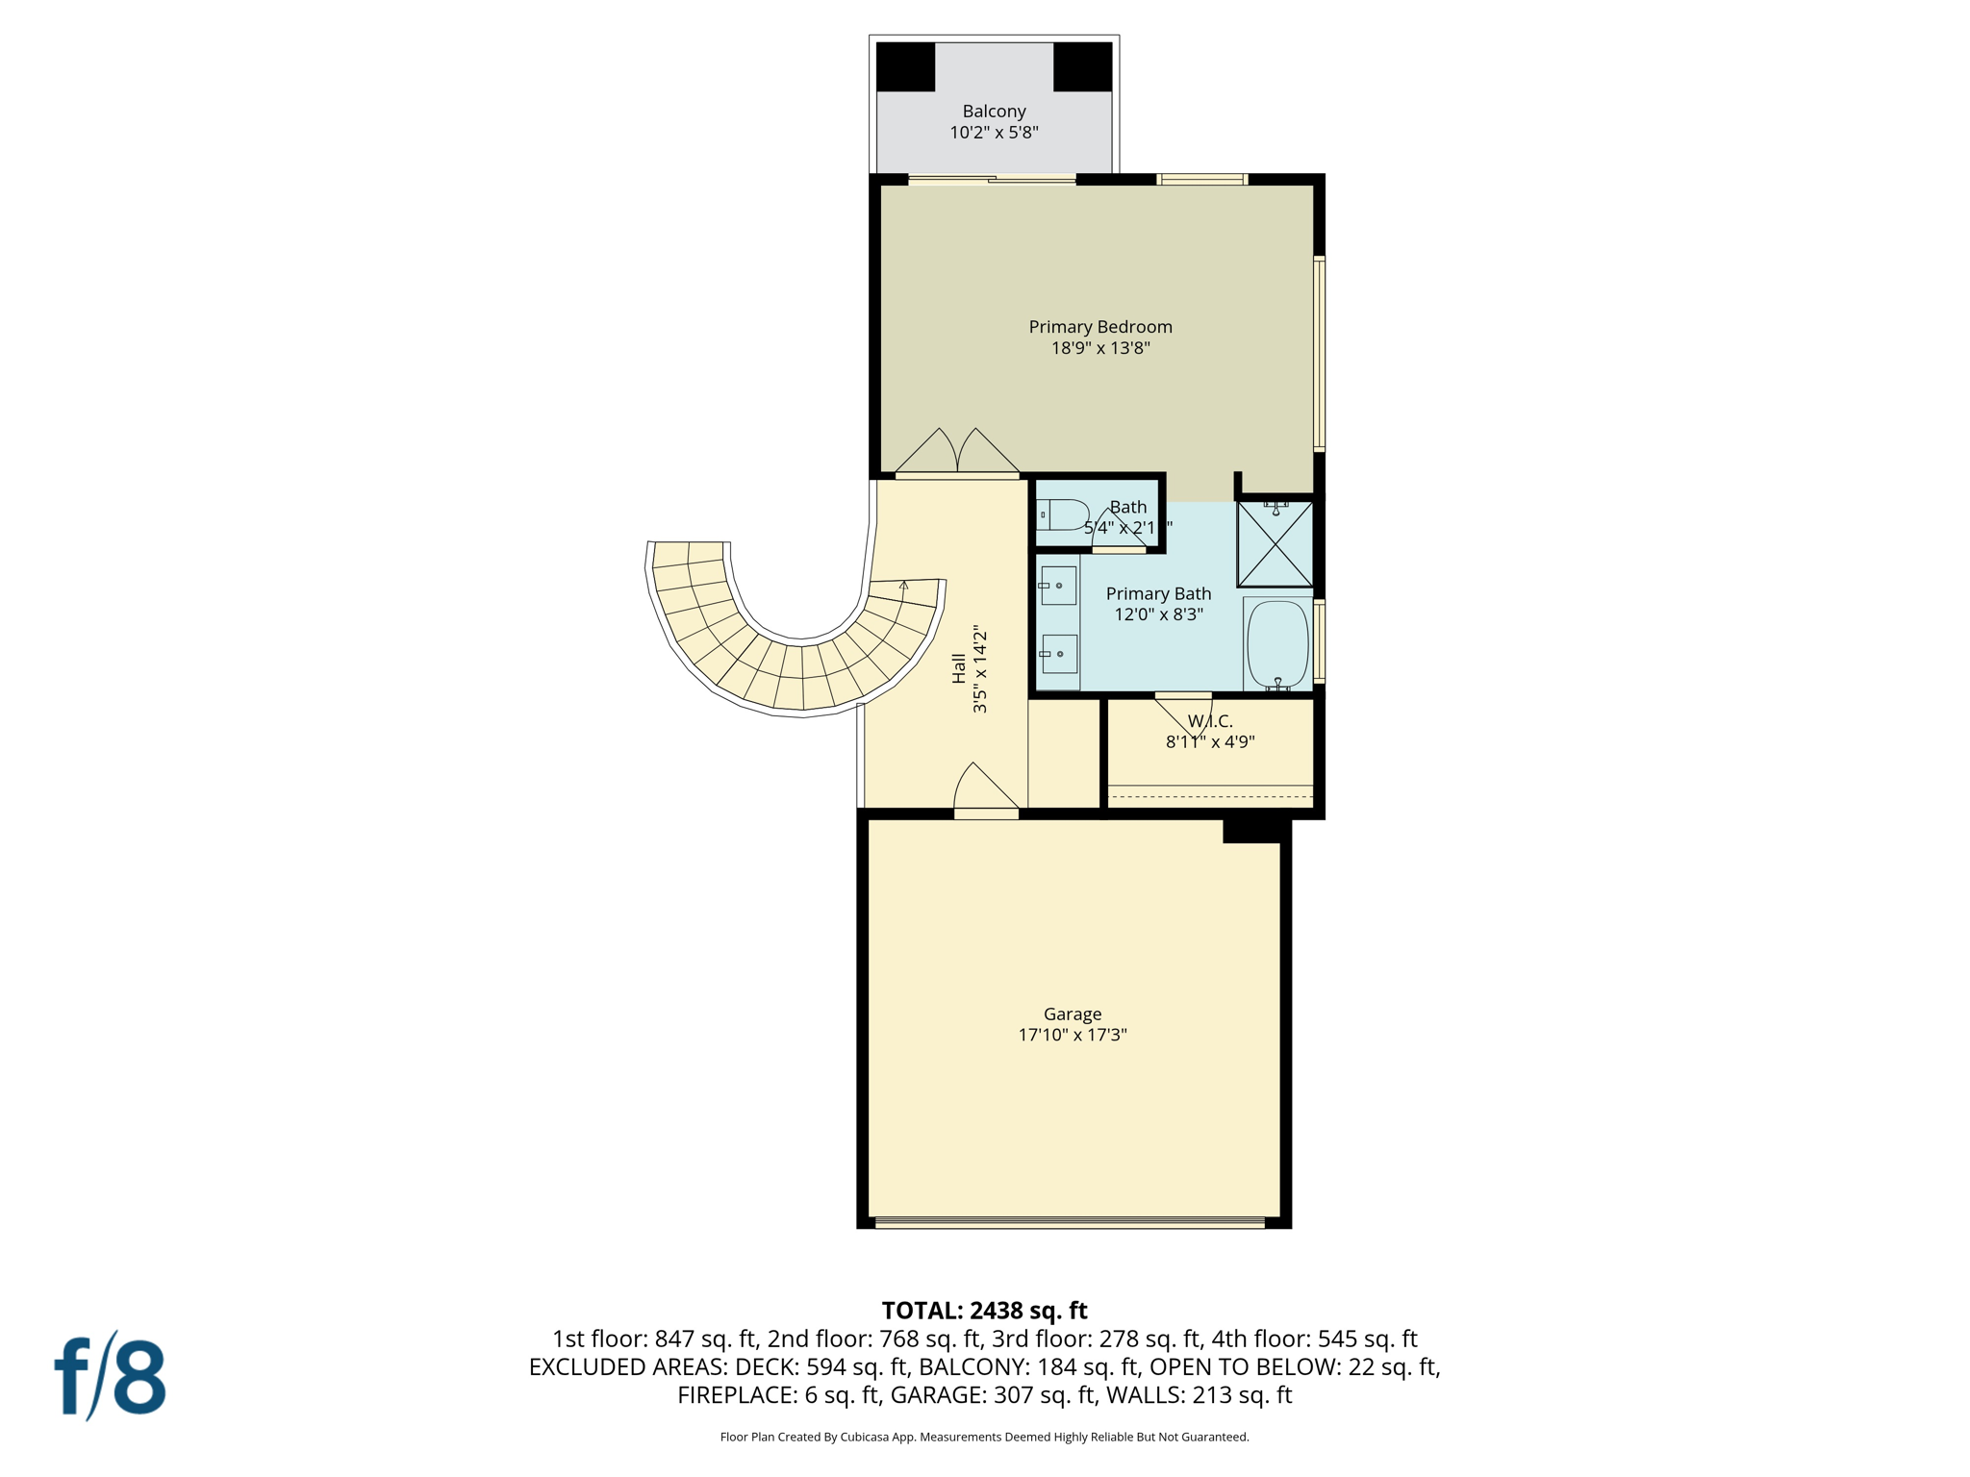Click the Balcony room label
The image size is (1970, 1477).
tap(994, 112)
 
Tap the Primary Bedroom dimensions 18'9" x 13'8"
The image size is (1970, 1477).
tap(1100, 348)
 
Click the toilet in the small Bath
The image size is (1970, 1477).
tap(1063, 514)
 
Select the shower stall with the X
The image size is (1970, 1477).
tap(1275, 544)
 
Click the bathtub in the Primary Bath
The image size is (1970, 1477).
tap(1277, 643)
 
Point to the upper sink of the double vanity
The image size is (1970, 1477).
tap(1058, 586)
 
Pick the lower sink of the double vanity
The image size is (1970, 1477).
tap(1058, 654)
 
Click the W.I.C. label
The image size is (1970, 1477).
tap(1210, 721)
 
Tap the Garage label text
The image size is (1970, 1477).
tap(1073, 1014)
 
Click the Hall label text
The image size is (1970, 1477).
tap(959, 668)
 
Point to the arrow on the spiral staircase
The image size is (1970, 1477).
tap(903, 585)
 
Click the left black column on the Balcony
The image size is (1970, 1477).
tap(905, 67)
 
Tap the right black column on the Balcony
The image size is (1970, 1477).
tap(1082, 67)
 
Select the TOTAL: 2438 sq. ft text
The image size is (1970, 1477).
tap(984, 1311)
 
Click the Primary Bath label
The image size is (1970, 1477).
tap(1158, 594)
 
